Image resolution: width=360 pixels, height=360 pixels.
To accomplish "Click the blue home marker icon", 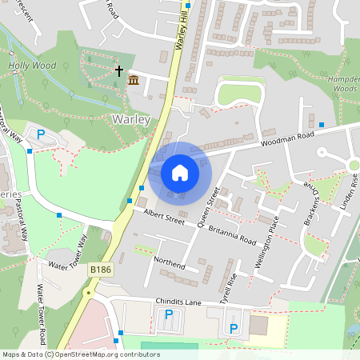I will [180, 172].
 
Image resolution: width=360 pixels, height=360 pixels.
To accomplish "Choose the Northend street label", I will [169, 264].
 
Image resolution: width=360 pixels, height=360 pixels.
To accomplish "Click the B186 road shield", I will [101, 270].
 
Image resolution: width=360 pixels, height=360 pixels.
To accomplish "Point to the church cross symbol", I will [119, 71].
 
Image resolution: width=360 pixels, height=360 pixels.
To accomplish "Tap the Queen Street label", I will [208, 207].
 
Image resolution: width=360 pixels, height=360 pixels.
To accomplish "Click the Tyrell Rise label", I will [229, 283].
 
